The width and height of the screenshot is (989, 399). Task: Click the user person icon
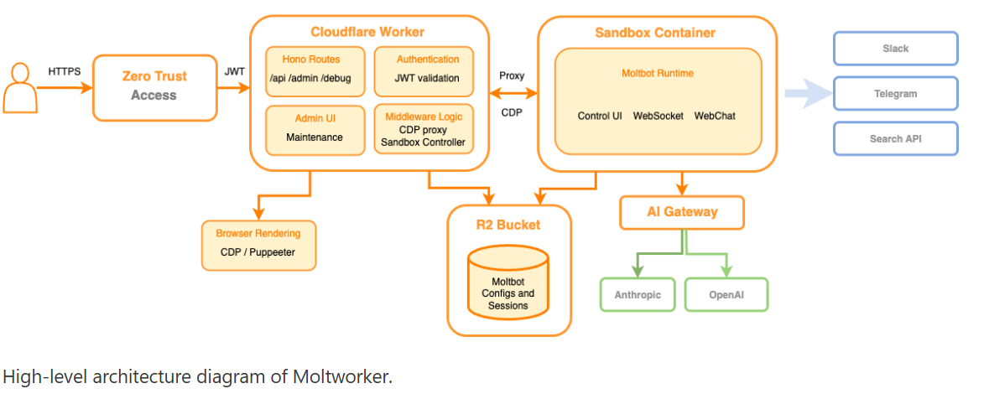coord(20,87)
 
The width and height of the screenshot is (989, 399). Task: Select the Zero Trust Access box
coord(154,86)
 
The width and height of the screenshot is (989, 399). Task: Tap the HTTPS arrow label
coord(65,72)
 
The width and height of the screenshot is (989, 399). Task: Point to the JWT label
coord(235,72)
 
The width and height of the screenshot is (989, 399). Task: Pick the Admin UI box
coord(315,129)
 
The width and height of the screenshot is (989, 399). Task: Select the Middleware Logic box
coord(428,129)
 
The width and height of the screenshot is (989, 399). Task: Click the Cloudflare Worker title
coord(367,33)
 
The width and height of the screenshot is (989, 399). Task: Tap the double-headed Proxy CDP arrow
coord(513,93)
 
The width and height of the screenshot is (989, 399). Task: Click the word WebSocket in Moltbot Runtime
coord(658,116)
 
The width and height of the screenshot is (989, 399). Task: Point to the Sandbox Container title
coord(655,33)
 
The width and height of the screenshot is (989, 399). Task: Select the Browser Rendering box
coord(258,244)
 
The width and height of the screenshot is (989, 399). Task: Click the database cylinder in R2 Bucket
coord(508,282)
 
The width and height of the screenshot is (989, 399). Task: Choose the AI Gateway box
coord(682,212)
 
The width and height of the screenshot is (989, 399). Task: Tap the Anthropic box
coord(638,295)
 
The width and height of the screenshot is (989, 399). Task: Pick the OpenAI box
coord(726,295)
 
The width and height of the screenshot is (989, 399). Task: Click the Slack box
coord(895,49)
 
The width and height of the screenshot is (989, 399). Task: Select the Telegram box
coord(895,94)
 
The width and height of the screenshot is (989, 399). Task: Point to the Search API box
coord(895,139)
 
